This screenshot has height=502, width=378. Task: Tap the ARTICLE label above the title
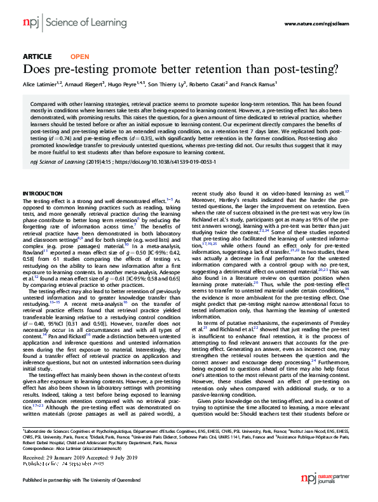pos(37,56)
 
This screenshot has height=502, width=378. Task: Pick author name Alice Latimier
pos(41,84)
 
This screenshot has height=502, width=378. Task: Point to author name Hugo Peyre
pos(123,84)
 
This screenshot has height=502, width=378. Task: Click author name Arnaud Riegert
pos(83,84)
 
